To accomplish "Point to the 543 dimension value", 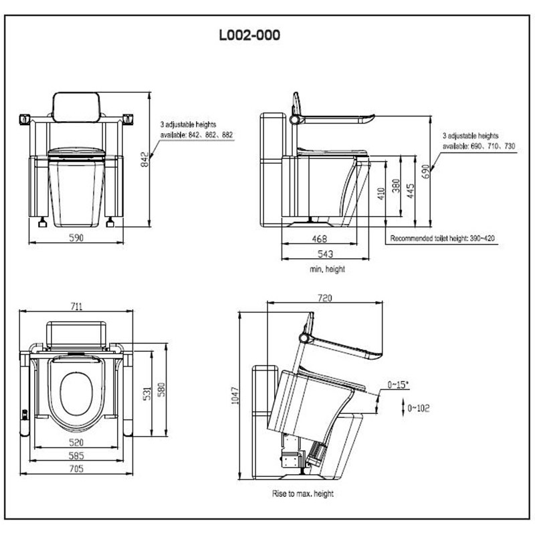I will coord(324,253).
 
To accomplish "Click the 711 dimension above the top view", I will coord(75,306).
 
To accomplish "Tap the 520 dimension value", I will coord(78,442).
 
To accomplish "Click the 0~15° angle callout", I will coord(399,385).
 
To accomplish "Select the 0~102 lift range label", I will coord(418,408).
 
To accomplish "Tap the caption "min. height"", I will coord(327,268).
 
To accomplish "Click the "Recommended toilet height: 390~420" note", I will coord(442,238).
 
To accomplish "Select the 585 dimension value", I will coord(77,456).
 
